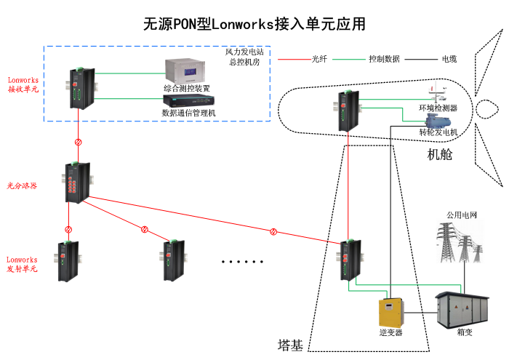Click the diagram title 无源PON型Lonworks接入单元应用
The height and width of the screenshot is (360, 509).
point(254,24)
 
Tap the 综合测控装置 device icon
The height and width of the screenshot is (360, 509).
point(185,71)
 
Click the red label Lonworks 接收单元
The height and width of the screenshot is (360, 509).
point(23,84)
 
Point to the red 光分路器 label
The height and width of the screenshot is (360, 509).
point(23,185)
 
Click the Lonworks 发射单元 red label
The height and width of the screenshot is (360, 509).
point(23,264)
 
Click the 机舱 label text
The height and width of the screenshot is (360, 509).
point(439,154)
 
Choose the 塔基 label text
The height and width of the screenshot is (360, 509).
point(290,343)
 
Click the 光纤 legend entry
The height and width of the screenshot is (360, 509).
point(319,58)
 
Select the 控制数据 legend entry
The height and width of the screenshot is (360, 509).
point(383,58)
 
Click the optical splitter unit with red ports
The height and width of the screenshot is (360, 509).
point(76,183)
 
